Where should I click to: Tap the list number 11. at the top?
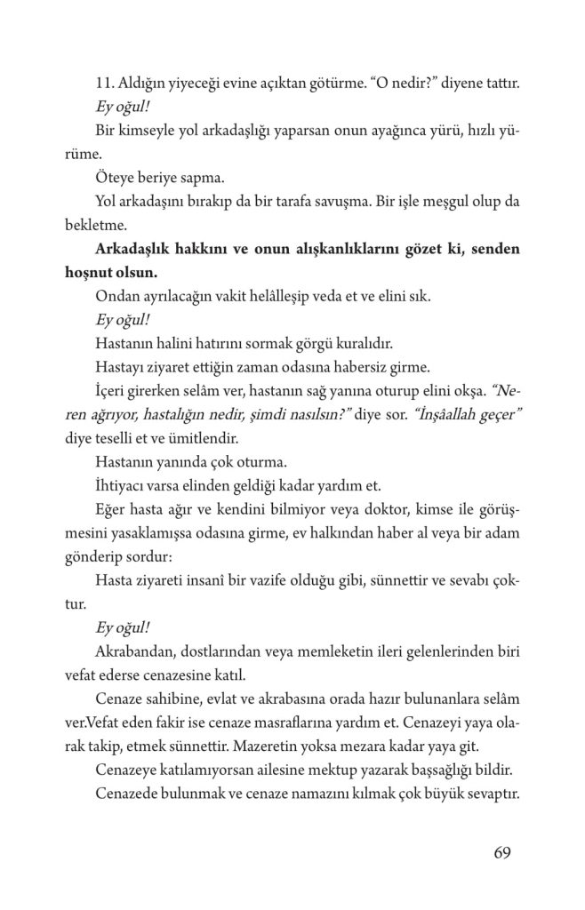(107, 84)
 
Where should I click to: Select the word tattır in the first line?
(502, 84)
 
